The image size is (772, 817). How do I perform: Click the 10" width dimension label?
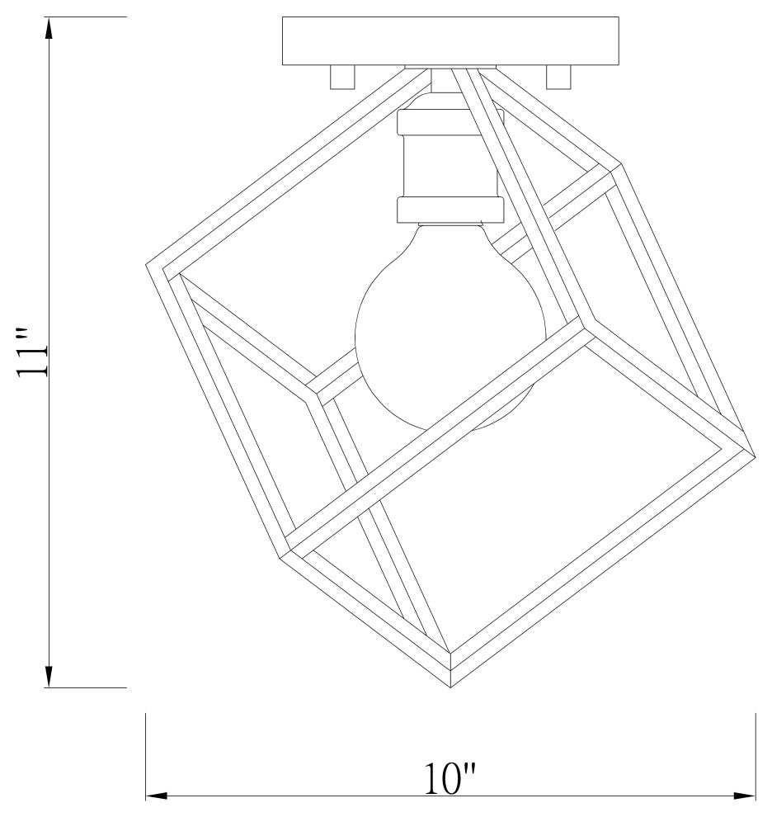tap(450, 779)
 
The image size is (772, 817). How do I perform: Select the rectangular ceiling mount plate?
tap(450, 41)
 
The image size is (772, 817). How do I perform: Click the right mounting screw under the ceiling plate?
tap(558, 77)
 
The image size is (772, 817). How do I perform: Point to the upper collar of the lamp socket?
tap(450, 120)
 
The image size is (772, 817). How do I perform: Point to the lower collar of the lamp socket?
tap(450, 210)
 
